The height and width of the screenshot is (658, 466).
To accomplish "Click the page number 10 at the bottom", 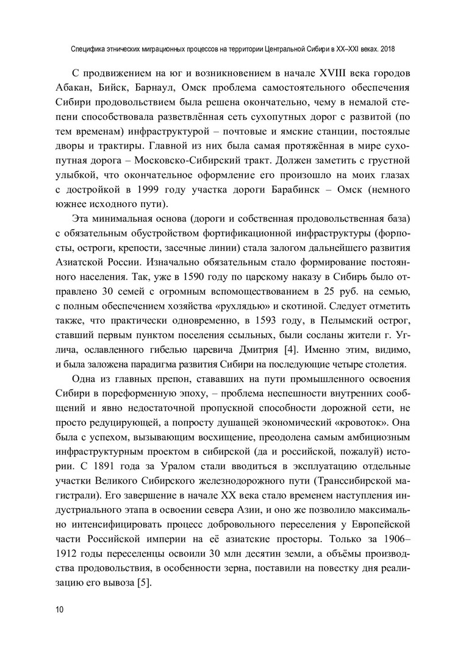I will (x=59, y=609).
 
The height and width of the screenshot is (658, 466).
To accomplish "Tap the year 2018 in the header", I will (x=391, y=46).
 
